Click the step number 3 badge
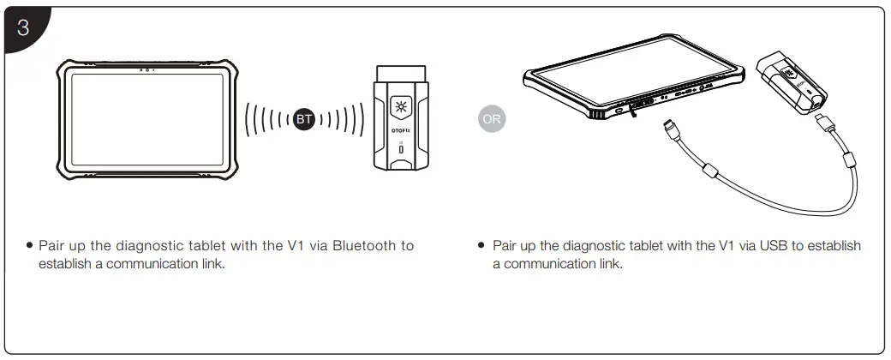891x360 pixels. tap(22, 27)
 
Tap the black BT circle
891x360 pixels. tap(303, 119)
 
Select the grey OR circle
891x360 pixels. tap(491, 119)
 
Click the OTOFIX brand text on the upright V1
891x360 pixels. tap(401, 132)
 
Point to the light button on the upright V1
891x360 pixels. tap(401, 106)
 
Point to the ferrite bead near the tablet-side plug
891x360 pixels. tap(709, 170)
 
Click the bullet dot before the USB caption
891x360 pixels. tap(482, 246)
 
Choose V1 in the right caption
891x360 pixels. tap(728, 246)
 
